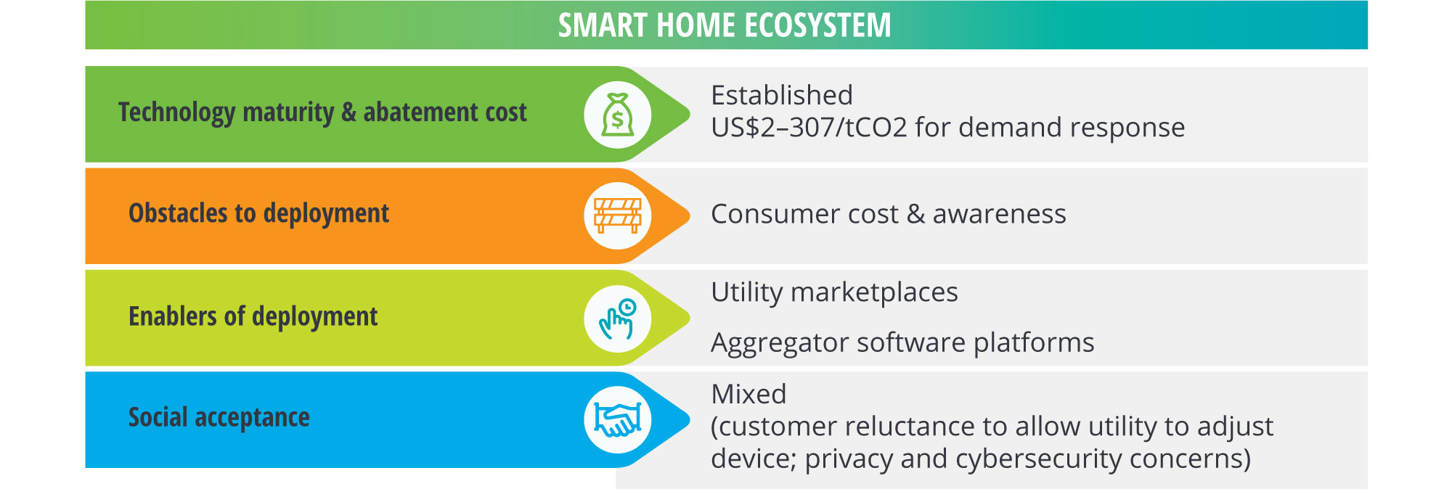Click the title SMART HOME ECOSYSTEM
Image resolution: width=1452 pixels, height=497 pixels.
click(x=725, y=25)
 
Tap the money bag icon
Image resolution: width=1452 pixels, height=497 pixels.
click(x=618, y=115)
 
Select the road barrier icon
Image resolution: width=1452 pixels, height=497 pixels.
click(x=618, y=216)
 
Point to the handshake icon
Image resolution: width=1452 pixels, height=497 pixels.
click(x=618, y=419)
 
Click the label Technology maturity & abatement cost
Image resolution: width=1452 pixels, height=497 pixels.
click(x=322, y=113)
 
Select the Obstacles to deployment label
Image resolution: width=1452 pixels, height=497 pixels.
click(x=258, y=214)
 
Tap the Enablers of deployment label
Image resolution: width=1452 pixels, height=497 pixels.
click(x=253, y=317)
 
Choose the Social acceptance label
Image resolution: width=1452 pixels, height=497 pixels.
click(x=219, y=418)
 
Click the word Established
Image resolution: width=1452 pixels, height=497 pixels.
click(x=782, y=95)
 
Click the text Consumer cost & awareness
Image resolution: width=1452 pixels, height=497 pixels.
click(x=889, y=214)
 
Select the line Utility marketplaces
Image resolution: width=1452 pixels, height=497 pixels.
click(x=834, y=292)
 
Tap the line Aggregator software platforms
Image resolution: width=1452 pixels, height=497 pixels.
click(x=902, y=343)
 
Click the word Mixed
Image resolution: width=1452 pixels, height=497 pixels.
click(x=749, y=394)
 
